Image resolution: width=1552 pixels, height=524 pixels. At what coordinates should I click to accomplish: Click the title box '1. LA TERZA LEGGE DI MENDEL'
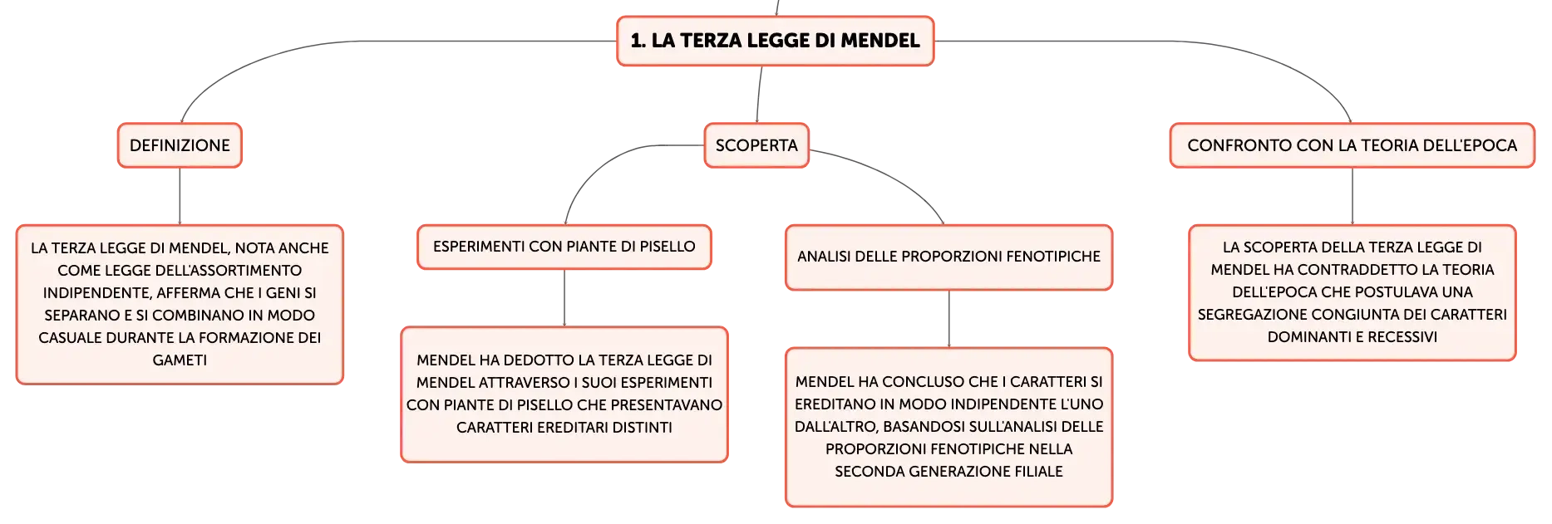[775, 41]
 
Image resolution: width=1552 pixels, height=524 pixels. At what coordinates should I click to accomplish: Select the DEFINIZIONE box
[180, 145]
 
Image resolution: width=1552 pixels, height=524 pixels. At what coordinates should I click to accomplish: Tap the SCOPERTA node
[756, 145]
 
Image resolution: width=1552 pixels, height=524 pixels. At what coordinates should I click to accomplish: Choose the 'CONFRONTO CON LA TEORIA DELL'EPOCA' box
[1352, 145]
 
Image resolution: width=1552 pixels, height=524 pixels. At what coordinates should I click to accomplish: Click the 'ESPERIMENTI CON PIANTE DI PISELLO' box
[564, 247]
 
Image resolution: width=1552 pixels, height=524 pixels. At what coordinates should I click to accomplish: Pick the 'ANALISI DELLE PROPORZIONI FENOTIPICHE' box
[948, 257]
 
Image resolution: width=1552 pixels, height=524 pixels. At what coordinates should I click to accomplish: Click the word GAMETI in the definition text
[180, 360]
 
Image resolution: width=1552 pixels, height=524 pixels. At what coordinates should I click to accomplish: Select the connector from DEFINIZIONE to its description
[180, 196]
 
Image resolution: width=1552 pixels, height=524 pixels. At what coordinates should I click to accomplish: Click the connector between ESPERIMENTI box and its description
[564, 298]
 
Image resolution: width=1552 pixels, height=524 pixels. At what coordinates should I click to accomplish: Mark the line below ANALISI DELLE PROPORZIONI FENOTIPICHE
[948, 319]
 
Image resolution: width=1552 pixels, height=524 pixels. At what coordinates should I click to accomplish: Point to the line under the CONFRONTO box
[1352, 196]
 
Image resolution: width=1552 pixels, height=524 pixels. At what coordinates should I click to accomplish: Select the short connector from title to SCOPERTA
[759, 95]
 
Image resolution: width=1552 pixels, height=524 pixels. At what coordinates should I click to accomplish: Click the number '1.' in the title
[638, 41]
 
